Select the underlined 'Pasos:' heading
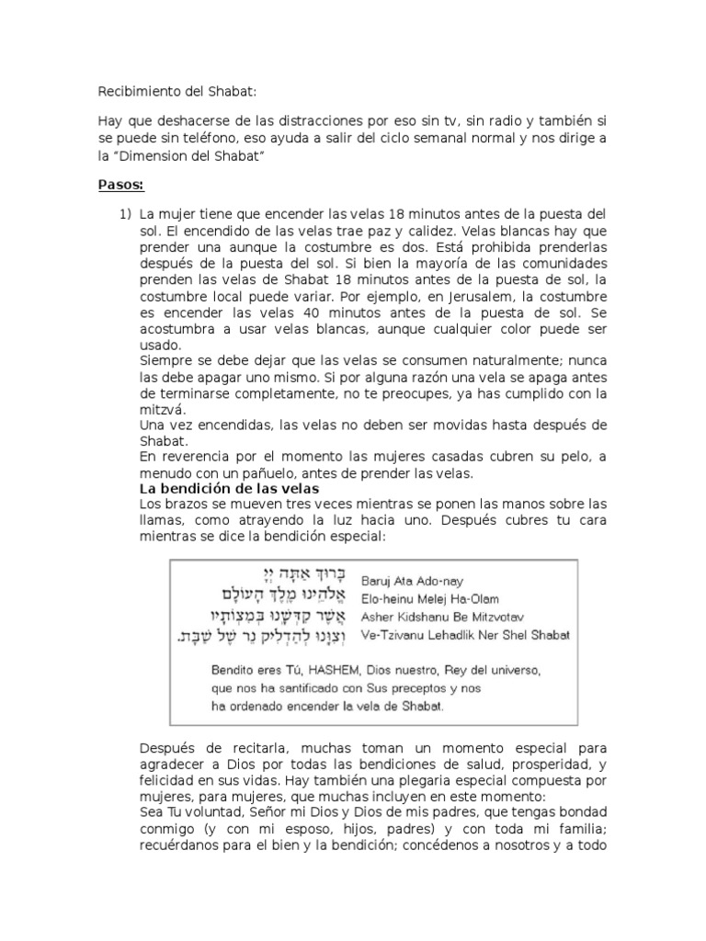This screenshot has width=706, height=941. click(x=121, y=185)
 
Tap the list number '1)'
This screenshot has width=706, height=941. click(x=124, y=214)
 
